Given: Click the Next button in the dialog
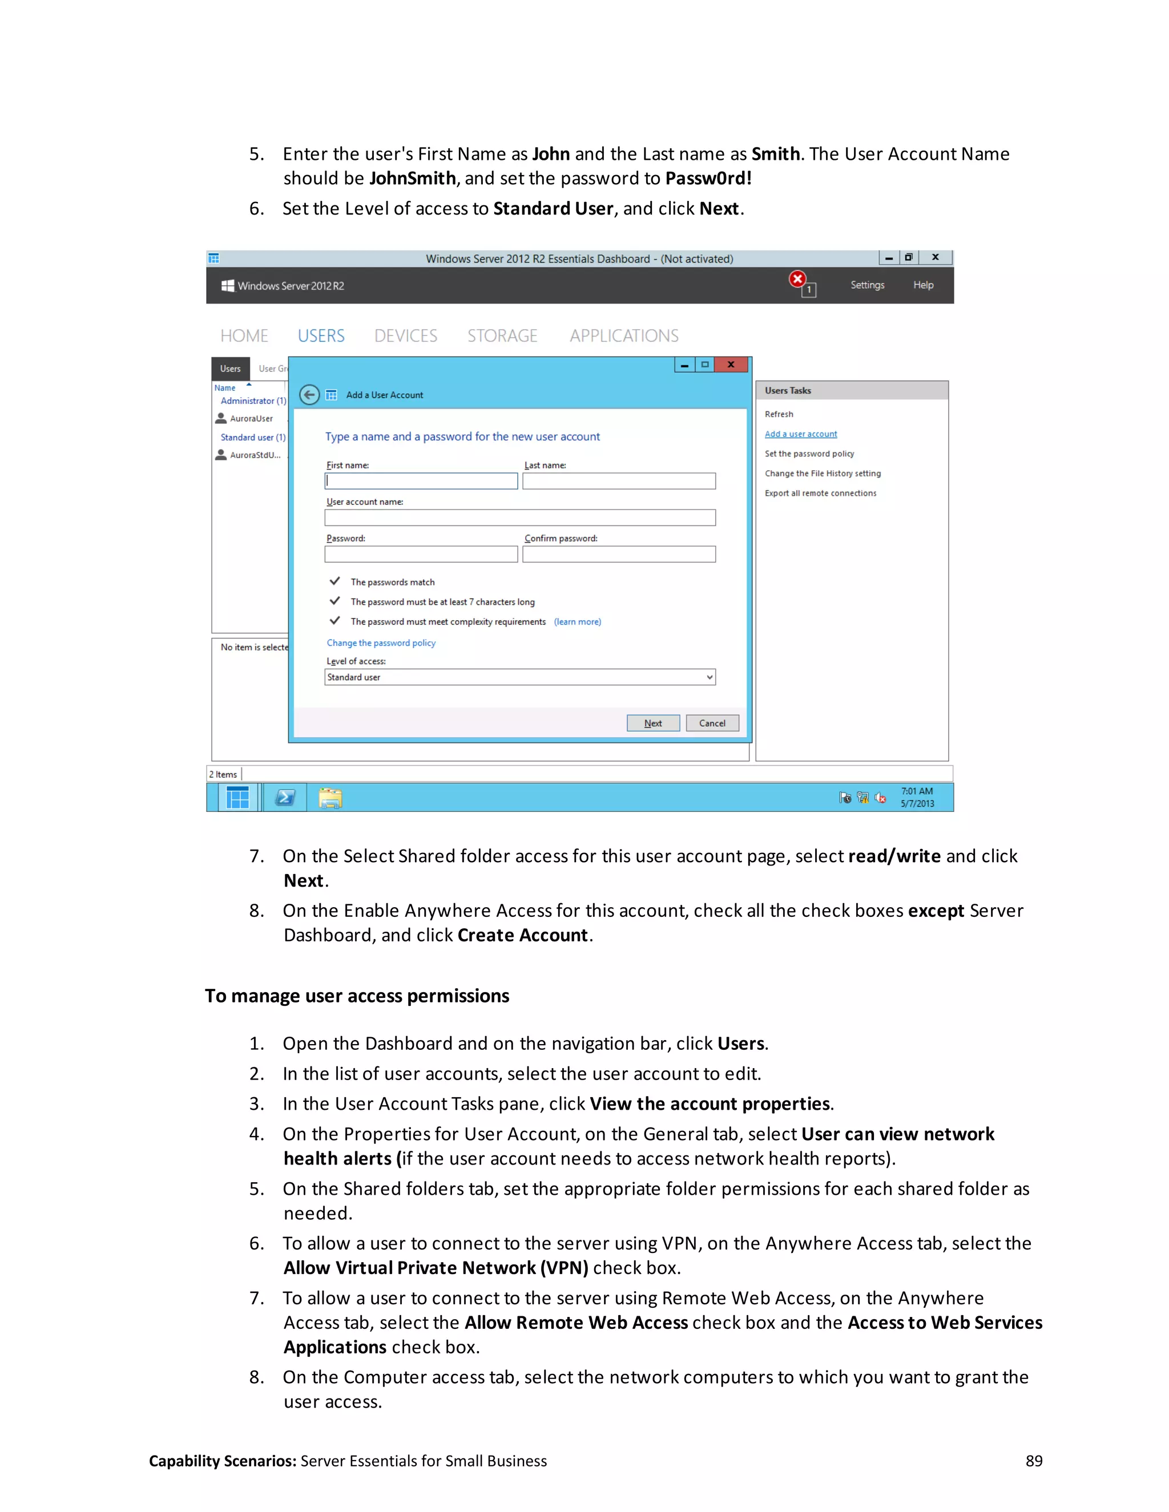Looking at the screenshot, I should pyautogui.click(x=652, y=723).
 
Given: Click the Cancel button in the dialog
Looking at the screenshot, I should pyautogui.click(x=712, y=723).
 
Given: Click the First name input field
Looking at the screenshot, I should pyautogui.click(x=421, y=481).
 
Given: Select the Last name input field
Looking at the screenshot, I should pyautogui.click(x=618, y=481).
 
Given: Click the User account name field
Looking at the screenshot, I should pyautogui.click(x=519, y=518).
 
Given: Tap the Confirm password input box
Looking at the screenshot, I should pyautogui.click(x=618, y=554).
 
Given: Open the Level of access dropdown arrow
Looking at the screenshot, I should pyautogui.click(x=709, y=677).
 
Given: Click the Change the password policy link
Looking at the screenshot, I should pyautogui.click(x=381, y=642).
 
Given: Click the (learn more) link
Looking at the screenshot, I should pyautogui.click(x=577, y=622).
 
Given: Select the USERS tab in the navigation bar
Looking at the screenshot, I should pyautogui.click(x=321, y=335).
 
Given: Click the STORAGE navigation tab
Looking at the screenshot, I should pyautogui.click(x=502, y=335).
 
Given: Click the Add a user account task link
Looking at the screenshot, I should pyautogui.click(x=801, y=434).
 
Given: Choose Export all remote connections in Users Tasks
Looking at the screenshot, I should pyautogui.click(x=820, y=493).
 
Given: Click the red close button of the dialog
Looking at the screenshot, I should pyautogui.click(x=731, y=365).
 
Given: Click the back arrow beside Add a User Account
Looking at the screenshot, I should pyautogui.click(x=309, y=395).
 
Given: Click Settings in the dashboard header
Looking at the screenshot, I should pyautogui.click(x=867, y=285).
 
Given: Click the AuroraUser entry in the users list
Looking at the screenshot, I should pyautogui.click(x=251, y=419).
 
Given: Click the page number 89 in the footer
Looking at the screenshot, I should pyautogui.click(x=1033, y=1461).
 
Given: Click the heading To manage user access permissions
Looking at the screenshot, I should pyautogui.click(x=357, y=996).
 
